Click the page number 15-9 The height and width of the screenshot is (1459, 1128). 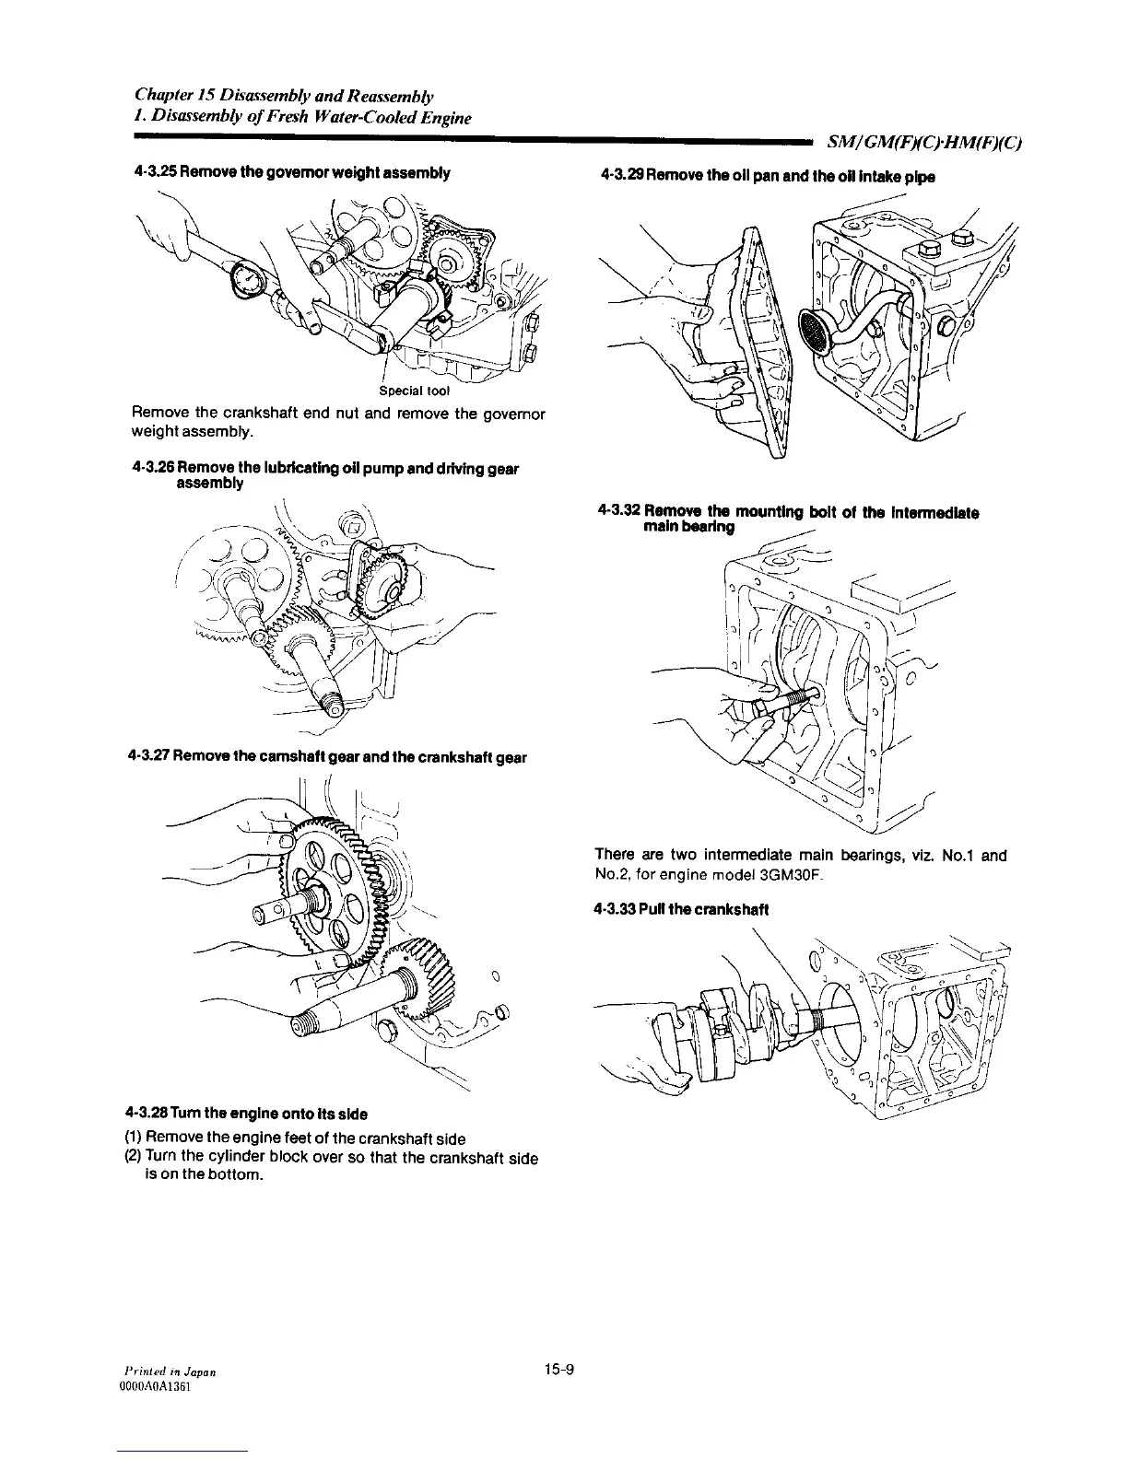pyautogui.click(x=559, y=1368)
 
